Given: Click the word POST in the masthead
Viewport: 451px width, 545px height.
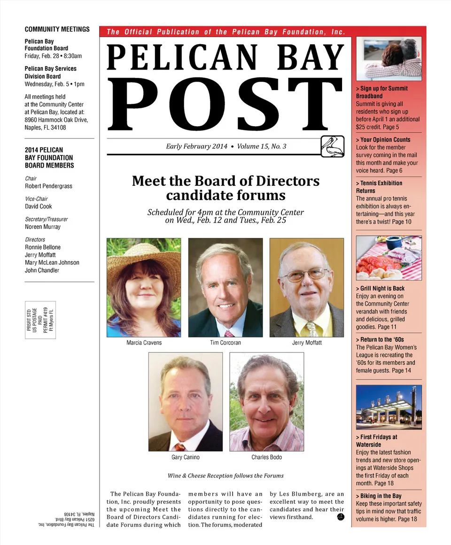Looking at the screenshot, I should click(x=226, y=104).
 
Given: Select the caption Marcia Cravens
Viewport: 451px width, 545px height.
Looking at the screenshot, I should click(x=144, y=343).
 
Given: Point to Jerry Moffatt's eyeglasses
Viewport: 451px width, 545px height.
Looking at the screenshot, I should click(x=305, y=275).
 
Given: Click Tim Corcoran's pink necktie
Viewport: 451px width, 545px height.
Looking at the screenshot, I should click(x=229, y=334).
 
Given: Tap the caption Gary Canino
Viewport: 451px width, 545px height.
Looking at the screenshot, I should click(x=186, y=457).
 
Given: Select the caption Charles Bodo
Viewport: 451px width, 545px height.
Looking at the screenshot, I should click(x=266, y=457).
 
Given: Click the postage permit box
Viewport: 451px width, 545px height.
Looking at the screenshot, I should click(x=40, y=320).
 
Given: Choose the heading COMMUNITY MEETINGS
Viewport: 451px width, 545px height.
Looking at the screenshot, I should click(x=57, y=29).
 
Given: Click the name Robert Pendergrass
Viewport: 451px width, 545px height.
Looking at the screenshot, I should click(x=48, y=186).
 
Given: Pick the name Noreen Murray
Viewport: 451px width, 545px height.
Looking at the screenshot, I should click(x=43, y=227).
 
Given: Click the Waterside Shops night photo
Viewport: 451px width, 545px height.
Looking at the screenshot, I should click(x=389, y=407).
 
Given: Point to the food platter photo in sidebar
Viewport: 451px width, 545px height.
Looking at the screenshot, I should click(x=389, y=258).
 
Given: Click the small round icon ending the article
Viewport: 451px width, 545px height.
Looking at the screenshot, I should click(x=341, y=517).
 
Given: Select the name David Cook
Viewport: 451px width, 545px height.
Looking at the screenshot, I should click(x=39, y=207).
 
